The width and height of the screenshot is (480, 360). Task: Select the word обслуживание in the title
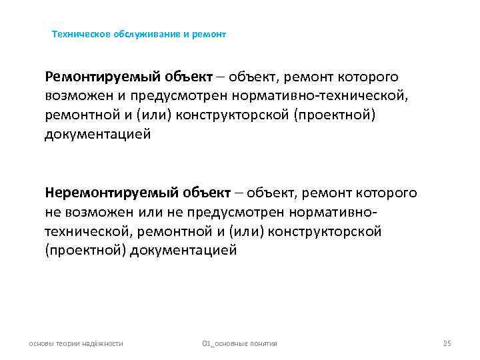pyautogui.click(x=141, y=33)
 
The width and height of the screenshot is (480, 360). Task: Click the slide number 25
pyautogui.click(x=447, y=343)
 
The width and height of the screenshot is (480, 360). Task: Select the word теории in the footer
pyautogui.click(x=70, y=343)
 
